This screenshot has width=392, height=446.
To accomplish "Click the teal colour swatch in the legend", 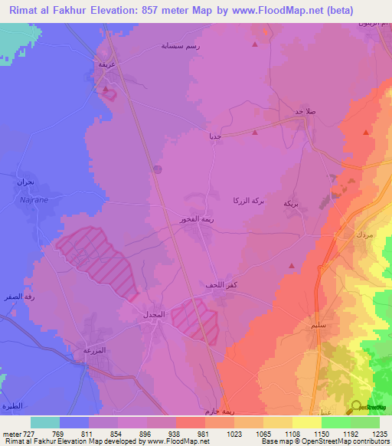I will click(45, 422).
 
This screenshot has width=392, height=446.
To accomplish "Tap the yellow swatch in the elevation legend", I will click(307, 422).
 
